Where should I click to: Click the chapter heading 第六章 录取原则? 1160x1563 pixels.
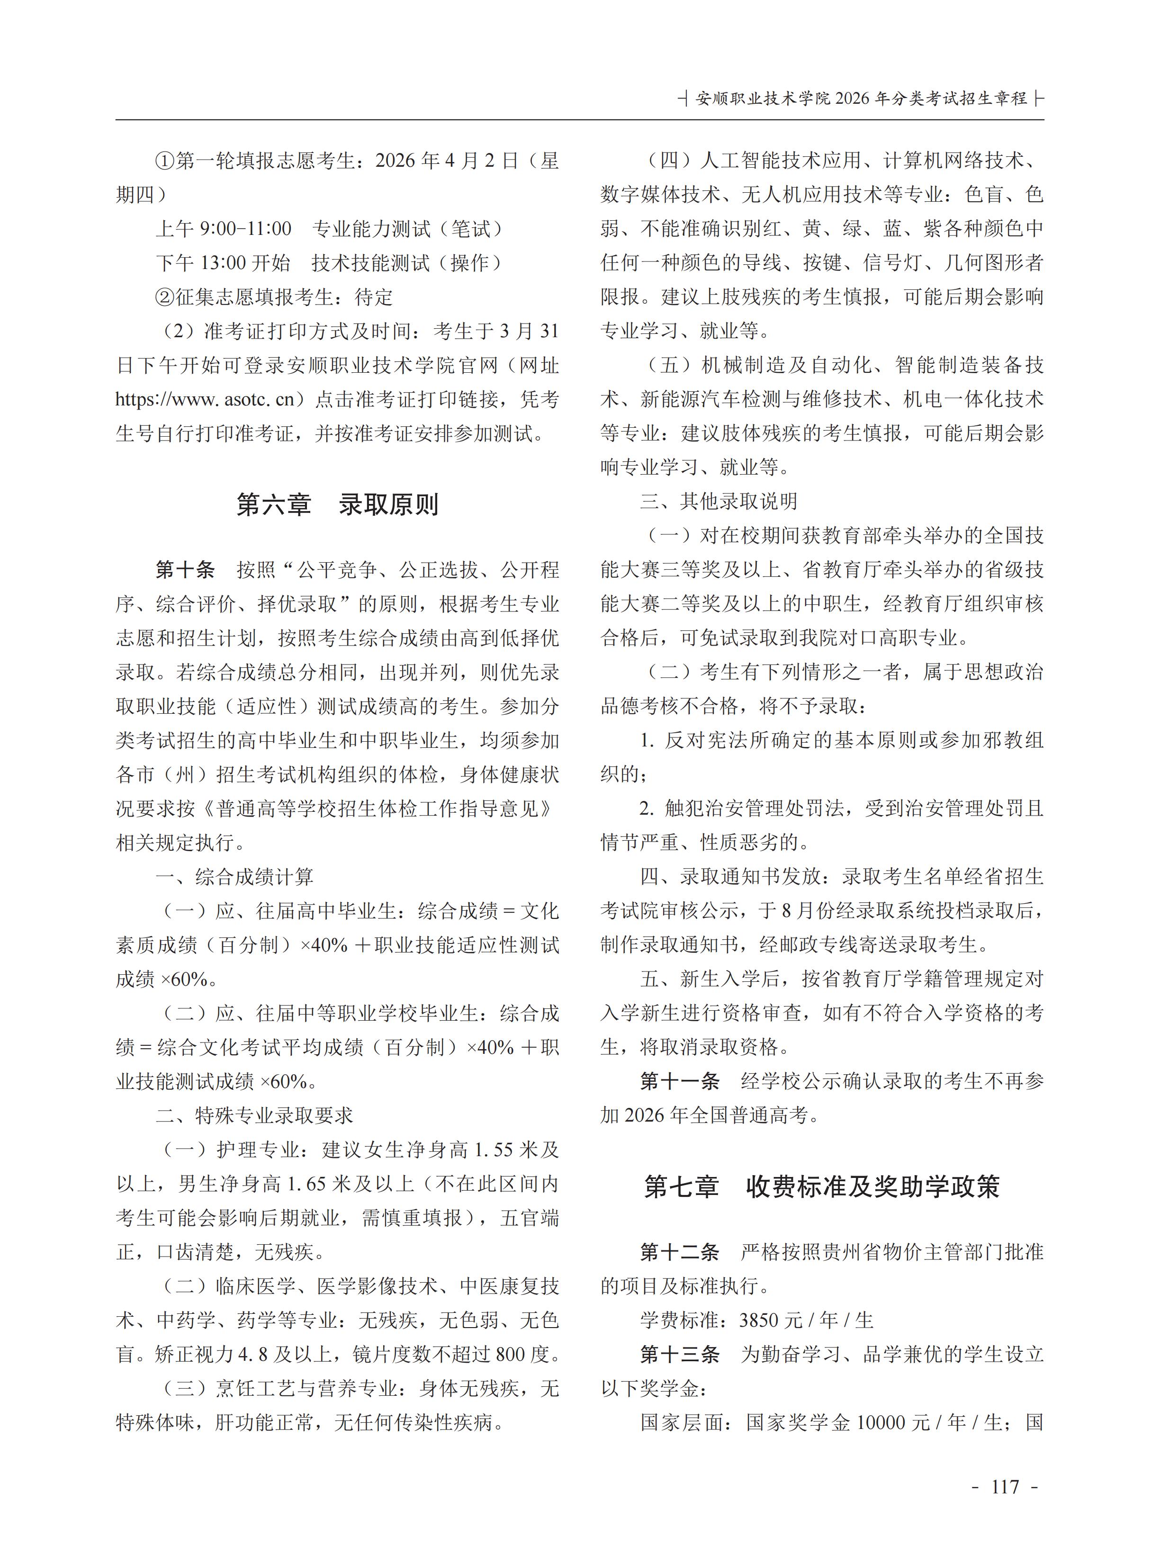(337, 505)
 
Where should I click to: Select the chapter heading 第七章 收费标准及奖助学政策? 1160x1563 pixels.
(821, 1186)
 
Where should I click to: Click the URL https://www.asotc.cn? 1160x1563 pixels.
(205, 400)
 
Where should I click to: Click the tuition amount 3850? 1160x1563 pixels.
(759, 1320)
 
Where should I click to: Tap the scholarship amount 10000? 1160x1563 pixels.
(889, 1423)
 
